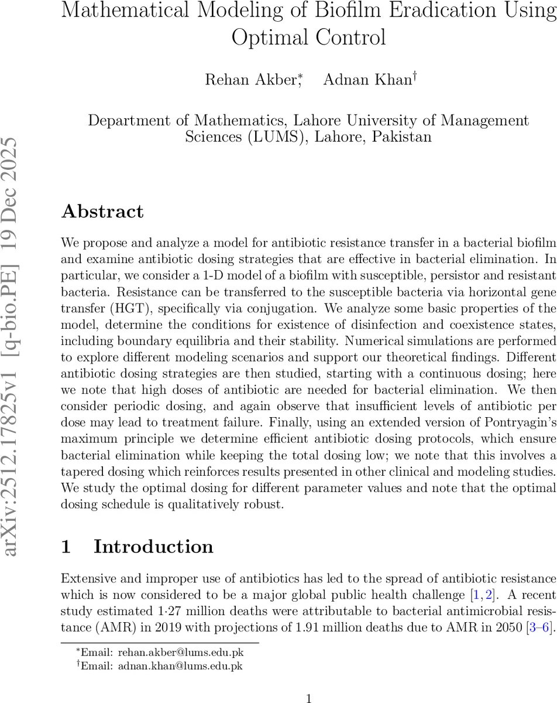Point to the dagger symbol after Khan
[x=415, y=77]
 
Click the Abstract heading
[x=102, y=211]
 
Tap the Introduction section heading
[x=153, y=547]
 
